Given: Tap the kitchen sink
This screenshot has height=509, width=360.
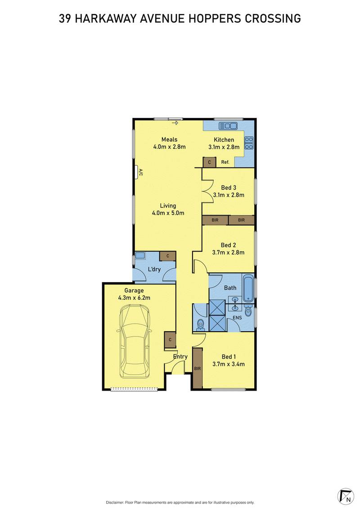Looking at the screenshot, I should [228, 126].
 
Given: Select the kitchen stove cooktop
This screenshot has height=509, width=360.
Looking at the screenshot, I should [249, 143].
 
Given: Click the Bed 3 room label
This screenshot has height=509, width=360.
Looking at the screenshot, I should [229, 187].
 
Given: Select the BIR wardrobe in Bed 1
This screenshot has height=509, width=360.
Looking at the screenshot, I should [197, 368].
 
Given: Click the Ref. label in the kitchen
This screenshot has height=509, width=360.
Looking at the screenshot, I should [225, 162].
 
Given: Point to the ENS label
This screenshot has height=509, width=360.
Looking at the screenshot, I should [237, 318].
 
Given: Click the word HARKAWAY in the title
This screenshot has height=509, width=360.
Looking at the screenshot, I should [111, 18].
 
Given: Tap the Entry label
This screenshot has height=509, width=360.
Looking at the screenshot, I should [180, 356].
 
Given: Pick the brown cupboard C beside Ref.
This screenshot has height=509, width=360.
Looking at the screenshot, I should [209, 162].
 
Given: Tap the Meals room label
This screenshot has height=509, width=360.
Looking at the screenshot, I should [169, 139].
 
